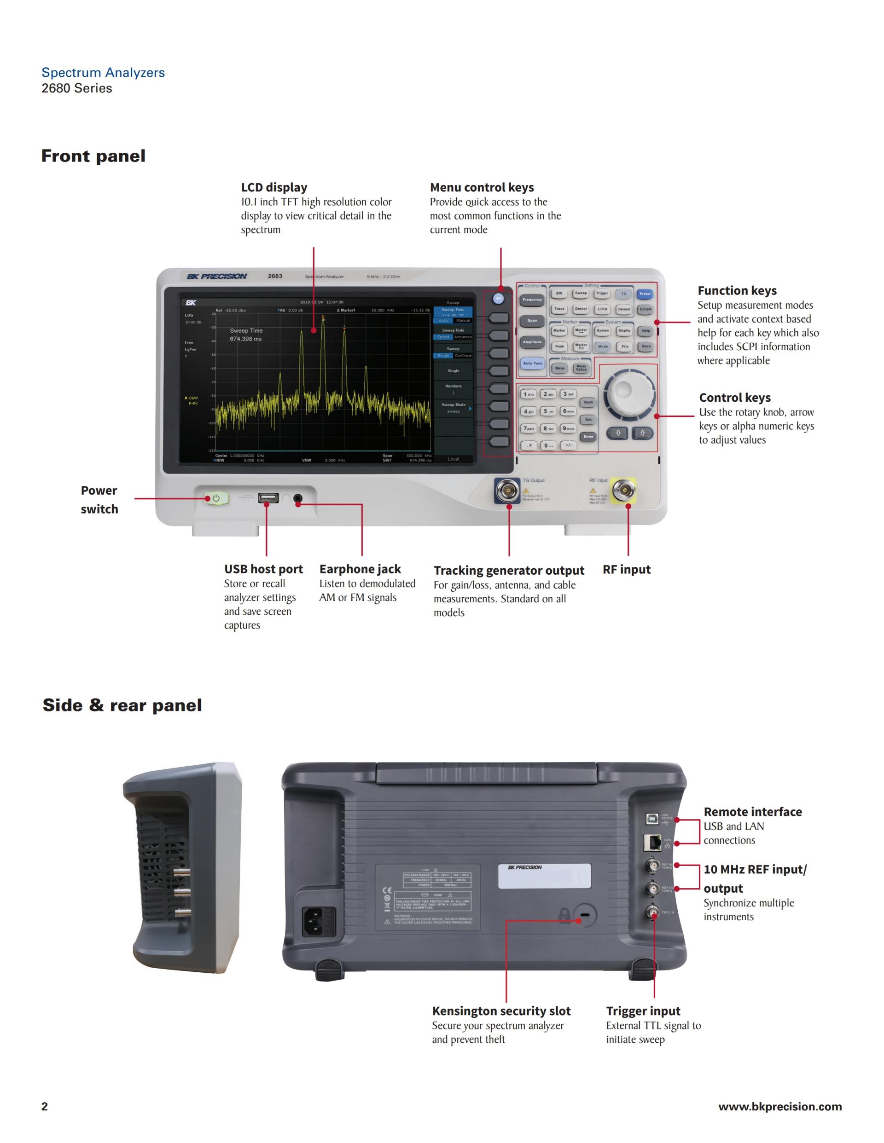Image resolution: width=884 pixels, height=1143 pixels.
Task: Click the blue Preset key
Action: coord(645,294)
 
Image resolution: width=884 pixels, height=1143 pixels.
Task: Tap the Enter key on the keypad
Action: coord(588,437)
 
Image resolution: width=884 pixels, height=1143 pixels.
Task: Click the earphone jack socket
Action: coord(297,498)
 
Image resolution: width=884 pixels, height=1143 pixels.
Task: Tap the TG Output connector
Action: coord(507,491)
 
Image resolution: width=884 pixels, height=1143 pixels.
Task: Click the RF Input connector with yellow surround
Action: coord(624,491)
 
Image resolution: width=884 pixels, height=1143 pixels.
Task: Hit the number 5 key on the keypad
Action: coord(548,411)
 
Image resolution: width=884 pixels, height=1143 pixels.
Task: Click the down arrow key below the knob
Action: coord(618,433)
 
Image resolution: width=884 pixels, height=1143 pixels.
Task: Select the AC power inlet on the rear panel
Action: coord(319,921)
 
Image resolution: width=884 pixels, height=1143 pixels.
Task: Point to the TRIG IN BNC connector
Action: coord(653,914)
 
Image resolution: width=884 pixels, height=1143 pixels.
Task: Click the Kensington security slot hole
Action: coord(584,915)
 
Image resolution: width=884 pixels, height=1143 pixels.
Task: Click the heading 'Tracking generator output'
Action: coord(508,571)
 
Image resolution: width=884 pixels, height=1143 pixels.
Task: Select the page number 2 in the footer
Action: coord(45,1106)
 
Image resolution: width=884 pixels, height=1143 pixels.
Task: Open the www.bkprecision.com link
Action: coord(780,1106)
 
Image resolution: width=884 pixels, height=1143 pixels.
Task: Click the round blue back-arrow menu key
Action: coord(498,299)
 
